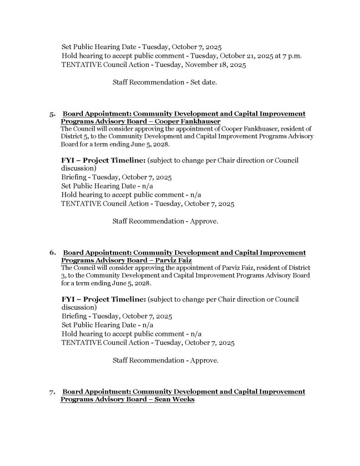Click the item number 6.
click(x=52, y=253)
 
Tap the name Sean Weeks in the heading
click(x=174, y=399)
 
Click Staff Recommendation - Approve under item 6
click(x=165, y=361)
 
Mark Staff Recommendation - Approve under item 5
click(x=165, y=222)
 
